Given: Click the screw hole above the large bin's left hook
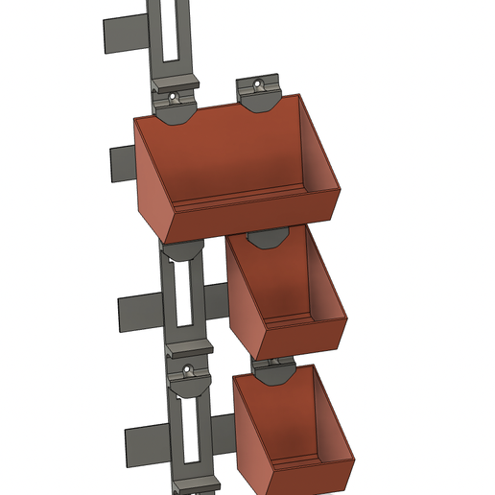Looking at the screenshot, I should (175, 97).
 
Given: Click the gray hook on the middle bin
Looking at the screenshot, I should (266, 237).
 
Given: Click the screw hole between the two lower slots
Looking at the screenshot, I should (188, 366).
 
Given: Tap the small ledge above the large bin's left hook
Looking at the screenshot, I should (176, 82).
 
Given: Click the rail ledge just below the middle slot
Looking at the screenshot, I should (188, 345).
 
